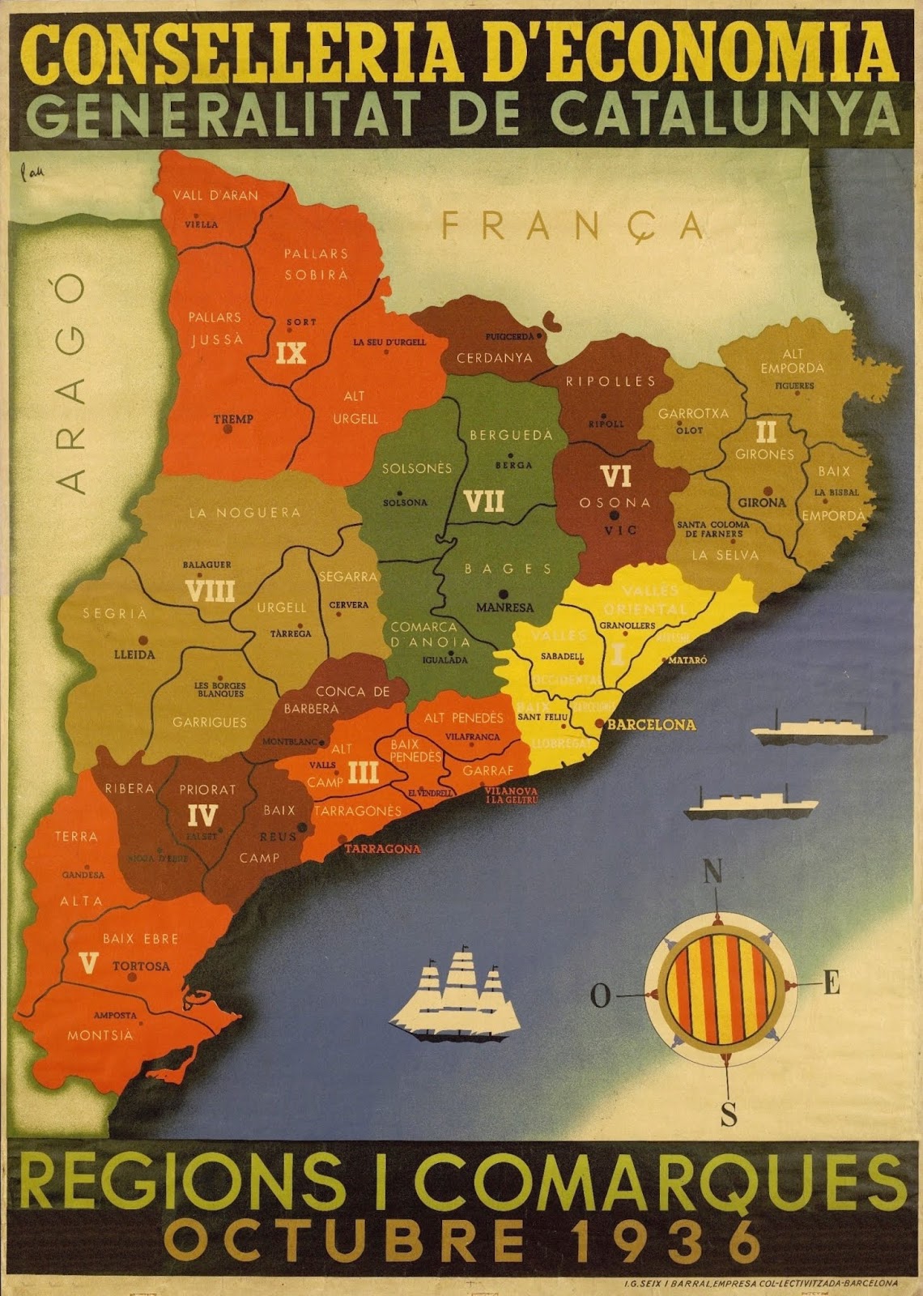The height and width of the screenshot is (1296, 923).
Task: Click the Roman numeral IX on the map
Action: click(x=291, y=354)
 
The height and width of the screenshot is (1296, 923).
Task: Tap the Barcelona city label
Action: click(x=651, y=725)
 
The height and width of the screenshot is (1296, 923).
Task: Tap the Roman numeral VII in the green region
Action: click(x=484, y=502)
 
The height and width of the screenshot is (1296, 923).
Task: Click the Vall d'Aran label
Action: click(x=216, y=195)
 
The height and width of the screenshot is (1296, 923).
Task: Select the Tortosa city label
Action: click(x=141, y=966)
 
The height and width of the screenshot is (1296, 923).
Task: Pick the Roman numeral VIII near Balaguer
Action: click(x=210, y=590)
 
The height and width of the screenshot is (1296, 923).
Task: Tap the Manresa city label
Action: click(x=504, y=607)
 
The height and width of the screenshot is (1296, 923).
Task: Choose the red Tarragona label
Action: click(x=382, y=849)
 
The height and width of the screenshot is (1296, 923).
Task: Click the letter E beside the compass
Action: click(x=831, y=985)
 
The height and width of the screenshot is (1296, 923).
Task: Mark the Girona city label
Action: click(x=762, y=502)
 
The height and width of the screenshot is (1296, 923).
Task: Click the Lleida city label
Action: click(x=134, y=654)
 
